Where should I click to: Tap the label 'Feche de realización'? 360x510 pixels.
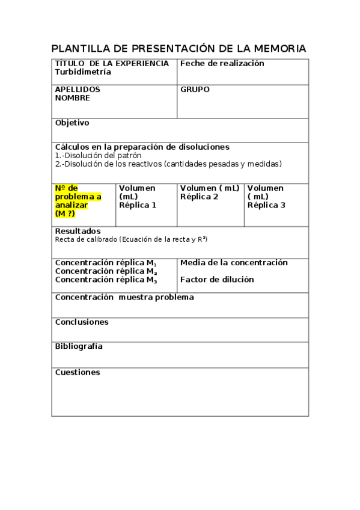222,64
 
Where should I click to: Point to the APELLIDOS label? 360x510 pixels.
78,90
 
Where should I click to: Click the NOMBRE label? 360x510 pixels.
73,98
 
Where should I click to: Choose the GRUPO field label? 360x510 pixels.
195,90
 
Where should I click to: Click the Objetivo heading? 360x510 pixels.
72,123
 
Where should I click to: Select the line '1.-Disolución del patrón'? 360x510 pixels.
98,155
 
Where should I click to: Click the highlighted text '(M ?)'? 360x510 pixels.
65,214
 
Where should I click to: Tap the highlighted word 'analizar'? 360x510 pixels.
71,205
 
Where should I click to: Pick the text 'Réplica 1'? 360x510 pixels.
138,205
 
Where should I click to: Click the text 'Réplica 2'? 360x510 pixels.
199,197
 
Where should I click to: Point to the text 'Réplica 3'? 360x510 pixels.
266,205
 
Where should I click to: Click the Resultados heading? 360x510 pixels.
78,231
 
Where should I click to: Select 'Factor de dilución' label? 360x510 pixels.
217,280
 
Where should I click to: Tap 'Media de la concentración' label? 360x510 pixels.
234,263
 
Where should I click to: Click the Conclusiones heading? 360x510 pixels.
82,322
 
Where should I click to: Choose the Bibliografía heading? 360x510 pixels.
79,346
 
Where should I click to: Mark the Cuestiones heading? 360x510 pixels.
78,372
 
